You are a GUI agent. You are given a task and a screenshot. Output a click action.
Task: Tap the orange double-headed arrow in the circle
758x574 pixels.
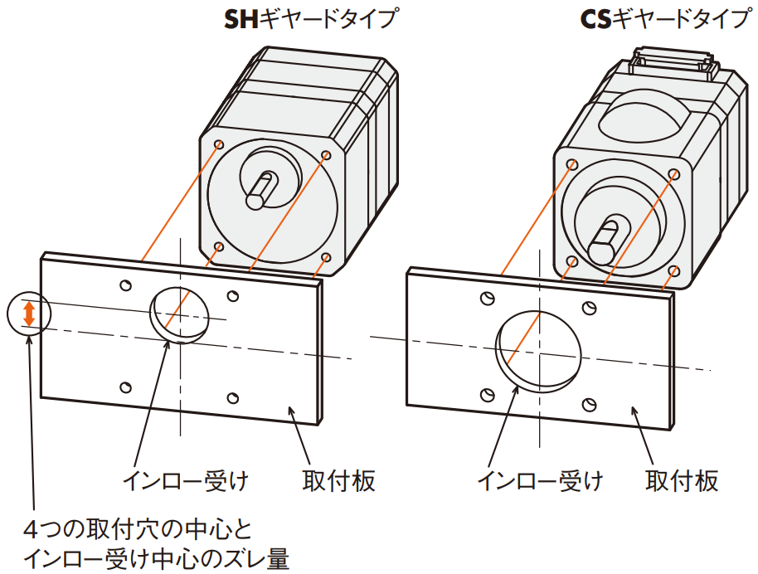[28, 314]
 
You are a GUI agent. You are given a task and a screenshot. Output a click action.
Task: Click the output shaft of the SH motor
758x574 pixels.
[262, 191]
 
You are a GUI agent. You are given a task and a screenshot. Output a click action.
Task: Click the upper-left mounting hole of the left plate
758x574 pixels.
[125, 285]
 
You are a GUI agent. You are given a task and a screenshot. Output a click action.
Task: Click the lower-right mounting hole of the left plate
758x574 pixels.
[233, 396]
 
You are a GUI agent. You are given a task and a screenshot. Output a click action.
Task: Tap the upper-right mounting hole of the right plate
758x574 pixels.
[588, 309]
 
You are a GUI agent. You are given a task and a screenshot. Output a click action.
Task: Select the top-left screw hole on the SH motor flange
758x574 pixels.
[219, 145]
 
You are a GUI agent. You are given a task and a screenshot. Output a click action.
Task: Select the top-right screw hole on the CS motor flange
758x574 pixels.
[674, 175]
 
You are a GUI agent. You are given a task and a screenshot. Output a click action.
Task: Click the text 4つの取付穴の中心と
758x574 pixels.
[137, 529]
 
